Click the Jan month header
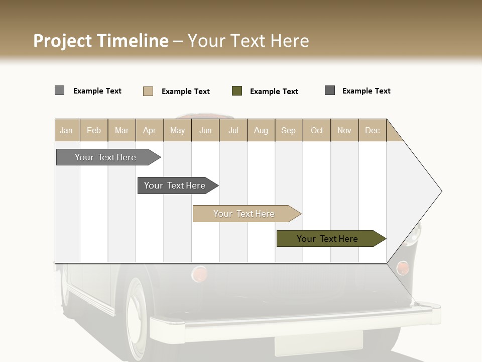tap(66, 130)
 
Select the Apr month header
tap(149, 130)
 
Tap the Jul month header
tap(233, 130)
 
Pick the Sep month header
tap(288, 130)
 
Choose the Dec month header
tap(372, 130)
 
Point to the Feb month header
tap(94, 130)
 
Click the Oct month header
tap(317, 130)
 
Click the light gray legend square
tap(59, 90)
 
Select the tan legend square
tap(148, 91)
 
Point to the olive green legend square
tap(237, 91)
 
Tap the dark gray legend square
tap(330, 90)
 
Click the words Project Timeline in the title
tap(100, 41)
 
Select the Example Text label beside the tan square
tap(186, 92)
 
